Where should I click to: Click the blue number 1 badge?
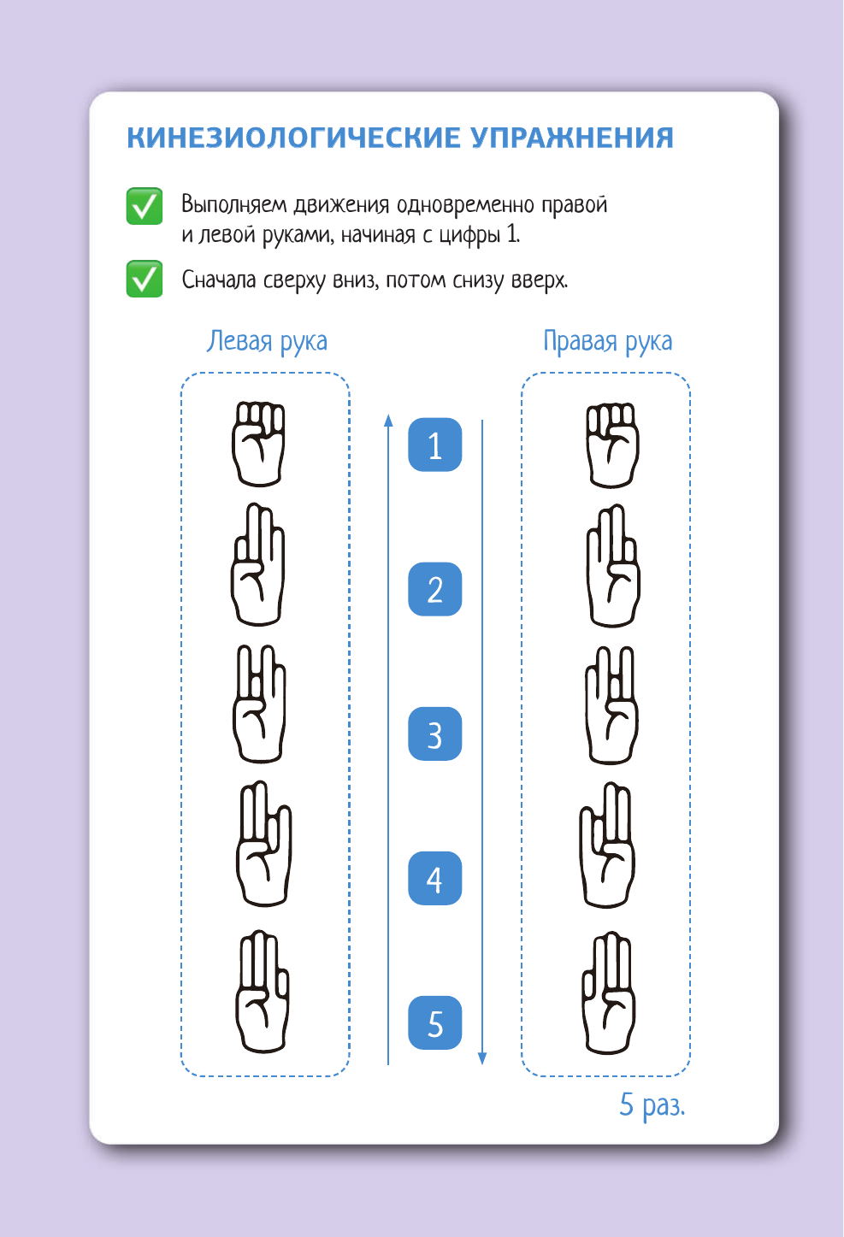pyautogui.click(x=434, y=445)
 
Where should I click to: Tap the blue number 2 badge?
pyautogui.click(x=434, y=589)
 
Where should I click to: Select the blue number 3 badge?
pyautogui.click(x=434, y=734)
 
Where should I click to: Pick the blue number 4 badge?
pyautogui.click(x=434, y=878)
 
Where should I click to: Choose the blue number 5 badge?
pyautogui.click(x=434, y=1022)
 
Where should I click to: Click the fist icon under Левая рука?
pyautogui.click(x=258, y=444)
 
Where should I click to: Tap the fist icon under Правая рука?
pyautogui.click(x=612, y=445)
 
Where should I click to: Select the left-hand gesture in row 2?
pyautogui.click(x=258, y=564)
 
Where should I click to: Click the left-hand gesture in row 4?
pyautogui.click(x=264, y=843)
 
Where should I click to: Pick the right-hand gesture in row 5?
pyautogui.click(x=609, y=993)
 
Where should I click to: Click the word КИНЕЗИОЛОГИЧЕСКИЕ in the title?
pyautogui.click(x=294, y=138)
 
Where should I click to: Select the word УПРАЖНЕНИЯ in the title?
pyautogui.click(x=573, y=138)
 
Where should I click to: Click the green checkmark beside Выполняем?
pyautogui.click(x=145, y=206)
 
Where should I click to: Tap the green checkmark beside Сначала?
pyautogui.click(x=145, y=279)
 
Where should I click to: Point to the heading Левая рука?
pyautogui.click(x=267, y=341)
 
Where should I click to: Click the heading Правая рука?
pyautogui.click(x=608, y=341)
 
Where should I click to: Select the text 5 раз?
pyautogui.click(x=652, y=1105)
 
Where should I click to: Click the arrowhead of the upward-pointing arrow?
pyautogui.click(x=388, y=421)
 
